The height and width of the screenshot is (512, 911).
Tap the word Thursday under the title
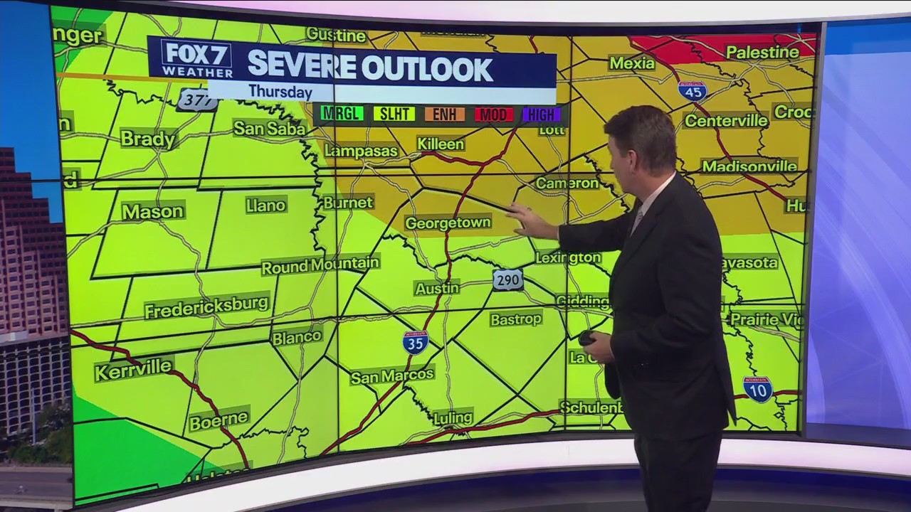pos(280,92)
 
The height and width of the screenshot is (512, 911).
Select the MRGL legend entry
pos(342,113)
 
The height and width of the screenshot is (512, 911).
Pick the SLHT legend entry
pos(394,114)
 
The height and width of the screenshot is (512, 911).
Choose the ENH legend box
pos(444,114)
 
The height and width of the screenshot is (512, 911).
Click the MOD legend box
pos(494,114)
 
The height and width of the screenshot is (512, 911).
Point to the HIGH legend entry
pos(541,114)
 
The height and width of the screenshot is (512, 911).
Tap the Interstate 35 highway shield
pos(416,342)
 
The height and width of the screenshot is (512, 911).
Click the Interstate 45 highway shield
pos(692,90)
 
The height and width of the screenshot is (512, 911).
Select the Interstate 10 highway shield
pos(757,389)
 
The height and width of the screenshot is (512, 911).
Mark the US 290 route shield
pos(507,279)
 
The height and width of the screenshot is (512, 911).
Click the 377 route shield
pos(196,99)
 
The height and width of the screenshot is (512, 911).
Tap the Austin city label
pos(437,288)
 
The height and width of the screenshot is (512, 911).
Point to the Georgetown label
pos(448,223)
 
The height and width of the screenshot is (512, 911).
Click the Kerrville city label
pos(133,368)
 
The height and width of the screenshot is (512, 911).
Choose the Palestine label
pos(762,52)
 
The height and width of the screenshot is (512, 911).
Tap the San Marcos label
pos(392,375)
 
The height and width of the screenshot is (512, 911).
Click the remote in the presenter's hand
pos(587,338)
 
